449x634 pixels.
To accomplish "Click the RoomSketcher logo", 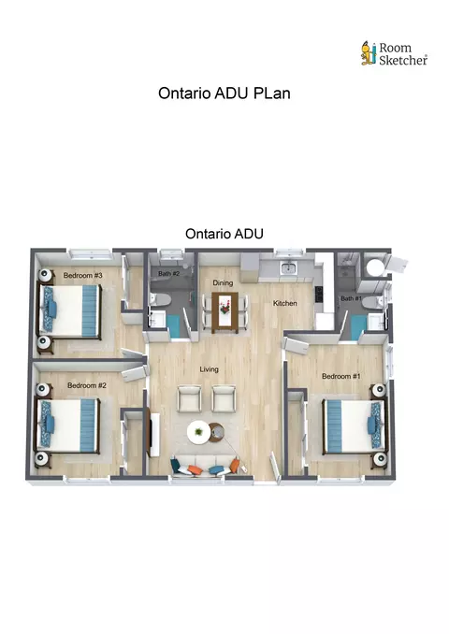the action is click(394, 54).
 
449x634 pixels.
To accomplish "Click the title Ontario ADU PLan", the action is click(224, 94).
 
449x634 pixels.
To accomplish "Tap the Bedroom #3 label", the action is click(83, 275).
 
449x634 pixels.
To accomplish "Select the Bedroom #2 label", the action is click(87, 385).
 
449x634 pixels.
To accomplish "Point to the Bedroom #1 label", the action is click(341, 376).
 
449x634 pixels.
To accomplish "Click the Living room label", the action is click(210, 369).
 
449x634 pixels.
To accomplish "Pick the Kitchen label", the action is click(284, 303).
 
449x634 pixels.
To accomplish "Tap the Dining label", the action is click(223, 282).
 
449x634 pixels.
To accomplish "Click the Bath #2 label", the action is click(168, 274).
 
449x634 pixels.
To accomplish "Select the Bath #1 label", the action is click(351, 298).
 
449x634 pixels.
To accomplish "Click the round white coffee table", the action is click(198, 432).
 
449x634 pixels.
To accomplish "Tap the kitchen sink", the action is click(289, 267).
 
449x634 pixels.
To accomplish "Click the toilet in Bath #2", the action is click(162, 299).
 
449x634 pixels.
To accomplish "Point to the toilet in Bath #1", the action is click(372, 302).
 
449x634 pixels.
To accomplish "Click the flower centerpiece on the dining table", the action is click(224, 309).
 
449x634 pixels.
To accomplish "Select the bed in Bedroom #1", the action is click(354, 426).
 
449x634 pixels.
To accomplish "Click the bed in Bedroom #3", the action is click(69, 310).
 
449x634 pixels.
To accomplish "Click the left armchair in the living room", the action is click(190, 398).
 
